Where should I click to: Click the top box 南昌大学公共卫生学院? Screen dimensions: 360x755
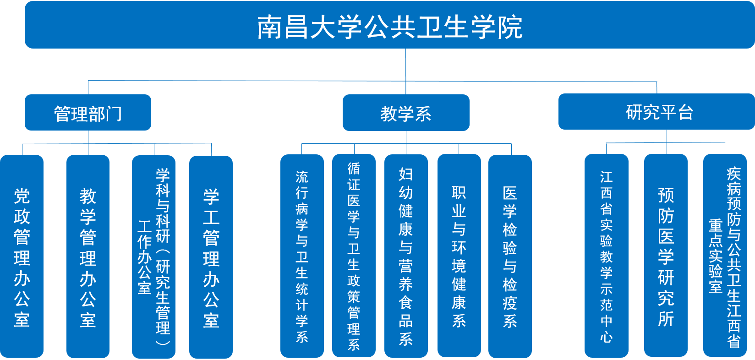(x=389, y=26)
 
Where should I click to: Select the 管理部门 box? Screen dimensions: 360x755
(x=88, y=113)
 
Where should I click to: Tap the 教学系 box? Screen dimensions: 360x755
(x=406, y=113)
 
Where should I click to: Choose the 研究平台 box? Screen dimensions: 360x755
(x=656, y=112)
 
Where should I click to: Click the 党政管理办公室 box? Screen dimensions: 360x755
(x=22, y=256)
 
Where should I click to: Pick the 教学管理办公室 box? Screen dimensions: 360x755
(x=88, y=256)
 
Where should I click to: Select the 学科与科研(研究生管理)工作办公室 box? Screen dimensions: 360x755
(x=154, y=256)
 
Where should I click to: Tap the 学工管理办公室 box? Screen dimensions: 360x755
(x=211, y=256)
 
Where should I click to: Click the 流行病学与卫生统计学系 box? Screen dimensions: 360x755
(x=302, y=256)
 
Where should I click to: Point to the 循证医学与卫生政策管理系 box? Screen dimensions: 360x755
(x=354, y=256)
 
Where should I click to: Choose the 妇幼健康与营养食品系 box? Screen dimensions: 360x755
(x=406, y=256)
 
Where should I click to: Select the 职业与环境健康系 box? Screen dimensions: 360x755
(x=459, y=256)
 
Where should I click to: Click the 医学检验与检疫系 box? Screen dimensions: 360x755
(x=510, y=256)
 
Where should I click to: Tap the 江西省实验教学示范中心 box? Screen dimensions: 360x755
(x=607, y=256)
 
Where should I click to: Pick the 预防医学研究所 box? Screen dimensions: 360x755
(x=666, y=256)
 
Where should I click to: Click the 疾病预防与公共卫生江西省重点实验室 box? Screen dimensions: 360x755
(x=725, y=256)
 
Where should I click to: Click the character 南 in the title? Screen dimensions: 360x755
(x=269, y=27)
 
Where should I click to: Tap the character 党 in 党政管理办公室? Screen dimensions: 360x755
(x=22, y=196)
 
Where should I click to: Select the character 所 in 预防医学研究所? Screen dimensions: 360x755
(x=666, y=318)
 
